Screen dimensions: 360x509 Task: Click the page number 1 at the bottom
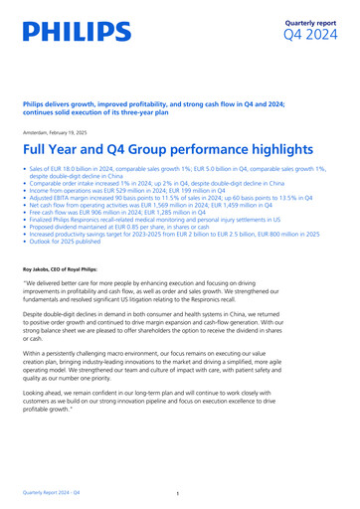coord(175,493)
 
